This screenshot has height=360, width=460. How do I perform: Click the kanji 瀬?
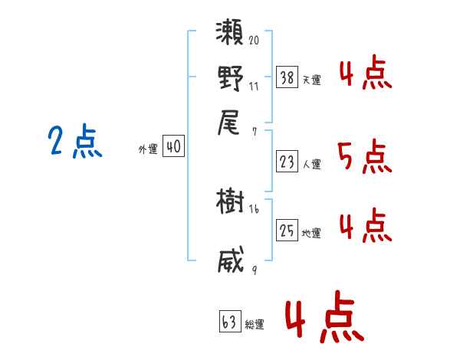click(230, 37)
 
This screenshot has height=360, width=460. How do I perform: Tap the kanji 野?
click(230, 80)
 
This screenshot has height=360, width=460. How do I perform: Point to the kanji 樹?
click(230, 203)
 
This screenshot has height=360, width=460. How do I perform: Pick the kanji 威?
click(230, 260)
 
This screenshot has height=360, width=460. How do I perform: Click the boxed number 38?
click(287, 77)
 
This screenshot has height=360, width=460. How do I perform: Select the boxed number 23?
click(287, 162)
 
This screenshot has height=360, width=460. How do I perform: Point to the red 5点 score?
click(365, 158)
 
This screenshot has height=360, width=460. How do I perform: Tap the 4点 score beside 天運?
click(365, 74)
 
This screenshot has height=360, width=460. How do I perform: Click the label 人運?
click(312, 164)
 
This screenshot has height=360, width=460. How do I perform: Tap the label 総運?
click(255, 325)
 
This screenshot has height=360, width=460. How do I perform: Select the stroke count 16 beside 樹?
click(254, 208)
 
